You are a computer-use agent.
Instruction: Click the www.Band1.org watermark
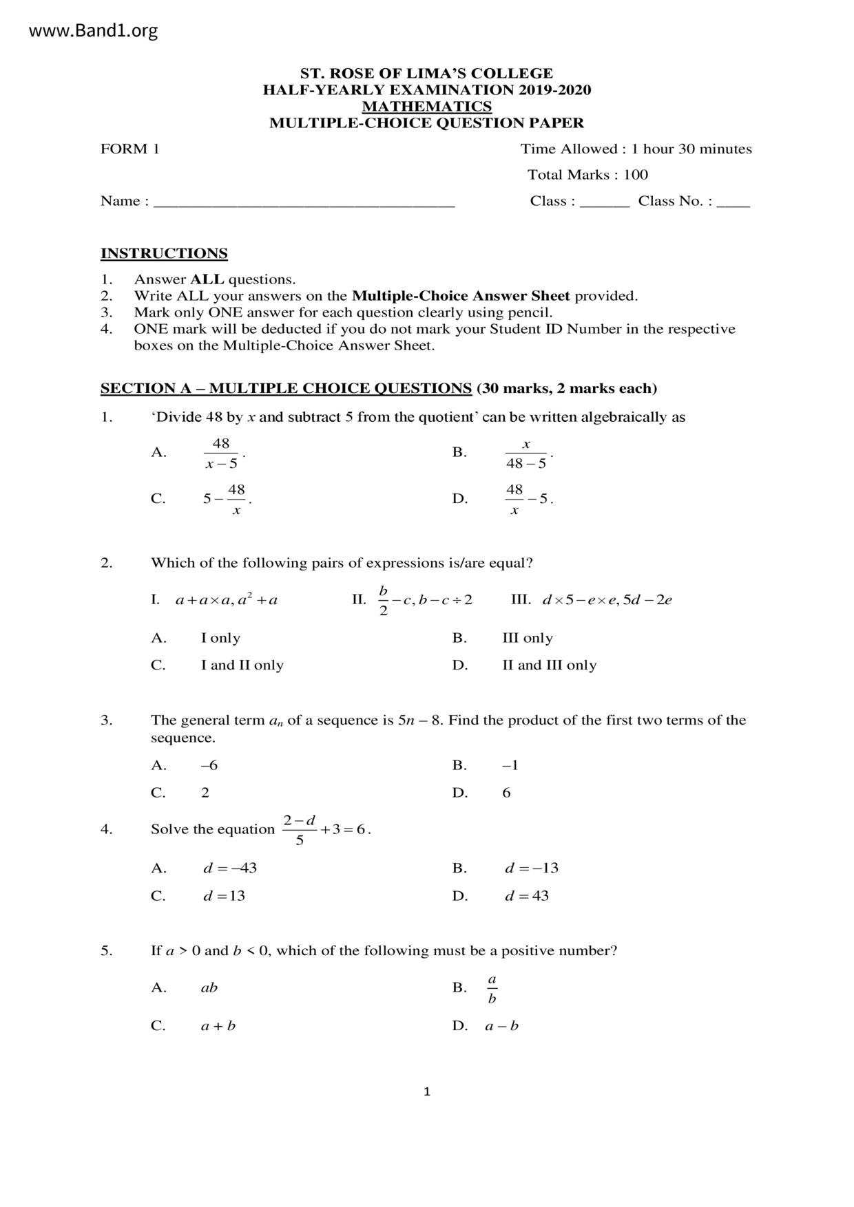tap(94, 31)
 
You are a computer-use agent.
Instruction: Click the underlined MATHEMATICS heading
tap(426, 107)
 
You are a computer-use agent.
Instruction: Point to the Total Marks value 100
tap(636, 175)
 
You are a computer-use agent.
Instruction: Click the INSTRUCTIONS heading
tap(164, 253)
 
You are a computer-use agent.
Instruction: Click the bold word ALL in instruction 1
tap(207, 279)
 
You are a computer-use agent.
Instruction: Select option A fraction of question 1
tap(222, 453)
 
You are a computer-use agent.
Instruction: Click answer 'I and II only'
tap(242, 665)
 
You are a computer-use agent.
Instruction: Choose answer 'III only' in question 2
tap(528, 638)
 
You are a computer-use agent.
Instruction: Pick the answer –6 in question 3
tap(209, 765)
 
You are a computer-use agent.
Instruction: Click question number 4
tap(106, 829)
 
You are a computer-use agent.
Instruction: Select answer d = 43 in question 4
tap(527, 896)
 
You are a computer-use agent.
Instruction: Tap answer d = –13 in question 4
tap(531, 868)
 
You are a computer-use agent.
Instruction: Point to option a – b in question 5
tap(501, 1026)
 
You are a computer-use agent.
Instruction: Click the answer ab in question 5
tap(209, 988)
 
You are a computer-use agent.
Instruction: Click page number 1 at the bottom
tap(427, 1091)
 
